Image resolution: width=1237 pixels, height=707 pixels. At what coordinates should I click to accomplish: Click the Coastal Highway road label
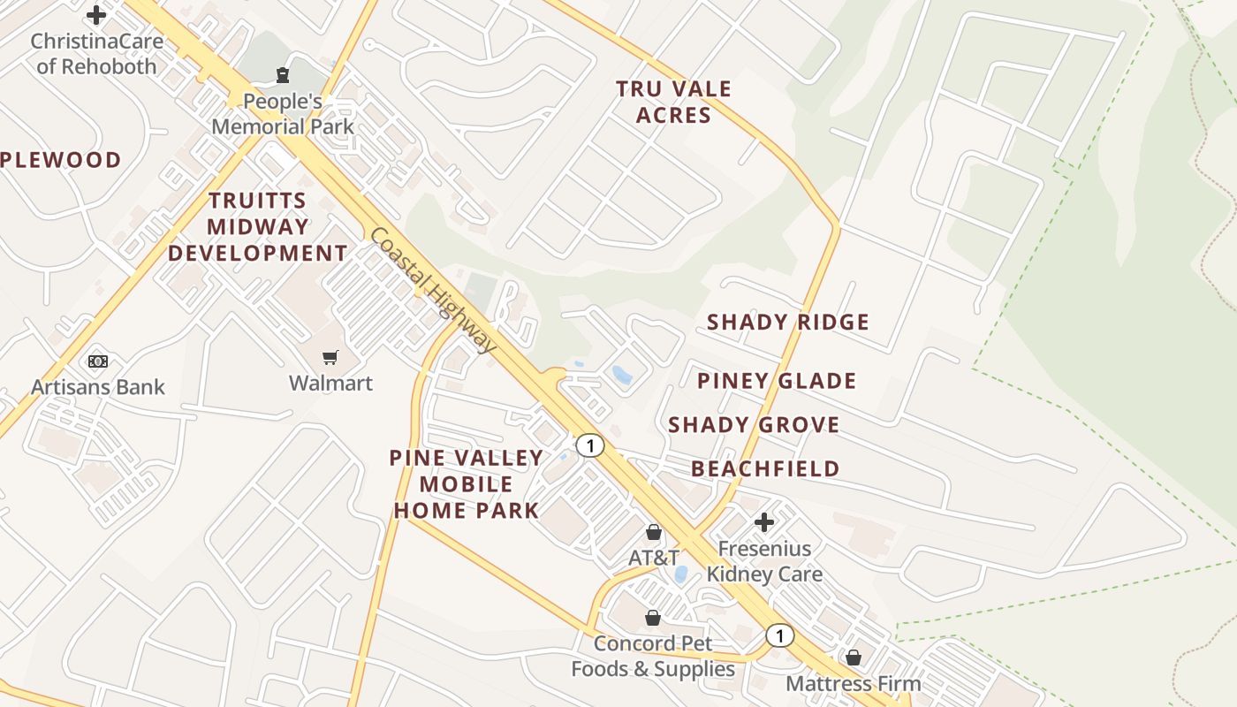tap(433, 291)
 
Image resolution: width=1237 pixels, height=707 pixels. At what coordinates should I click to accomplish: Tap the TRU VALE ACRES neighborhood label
tap(673, 102)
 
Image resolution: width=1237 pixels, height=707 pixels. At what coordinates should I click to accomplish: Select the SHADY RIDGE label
tap(788, 322)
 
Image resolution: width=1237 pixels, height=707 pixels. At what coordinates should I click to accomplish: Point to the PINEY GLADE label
tap(777, 381)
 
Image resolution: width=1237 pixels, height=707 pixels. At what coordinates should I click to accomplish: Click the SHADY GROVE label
tap(754, 425)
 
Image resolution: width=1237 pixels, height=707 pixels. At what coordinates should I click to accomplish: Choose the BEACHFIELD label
tap(765, 468)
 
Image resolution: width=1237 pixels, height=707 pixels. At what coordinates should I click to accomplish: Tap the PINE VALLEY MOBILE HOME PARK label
tap(467, 484)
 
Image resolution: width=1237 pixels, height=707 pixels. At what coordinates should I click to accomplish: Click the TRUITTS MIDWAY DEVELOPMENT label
tap(258, 226)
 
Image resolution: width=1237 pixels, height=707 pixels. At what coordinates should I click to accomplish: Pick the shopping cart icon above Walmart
tap(330, 357)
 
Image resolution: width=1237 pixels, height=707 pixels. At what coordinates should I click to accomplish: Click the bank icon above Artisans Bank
tap(98, 361)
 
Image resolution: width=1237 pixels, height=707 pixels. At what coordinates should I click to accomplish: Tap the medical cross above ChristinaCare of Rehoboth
tap(96, 15)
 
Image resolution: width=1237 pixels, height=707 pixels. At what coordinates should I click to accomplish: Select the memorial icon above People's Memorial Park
tap(282, 75)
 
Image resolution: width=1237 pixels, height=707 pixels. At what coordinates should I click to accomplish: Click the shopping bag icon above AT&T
tap(654, 532)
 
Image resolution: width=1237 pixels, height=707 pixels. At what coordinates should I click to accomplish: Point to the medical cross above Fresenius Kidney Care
tap(764, 521)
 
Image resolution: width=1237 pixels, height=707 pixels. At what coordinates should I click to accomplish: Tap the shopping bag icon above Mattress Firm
tap(854, 658)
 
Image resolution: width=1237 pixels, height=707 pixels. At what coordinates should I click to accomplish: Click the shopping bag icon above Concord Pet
tap(653, 617)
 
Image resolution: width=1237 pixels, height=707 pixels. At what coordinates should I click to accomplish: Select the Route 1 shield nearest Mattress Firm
tap(779, 635)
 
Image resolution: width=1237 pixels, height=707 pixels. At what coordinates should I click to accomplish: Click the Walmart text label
tap(330, 384)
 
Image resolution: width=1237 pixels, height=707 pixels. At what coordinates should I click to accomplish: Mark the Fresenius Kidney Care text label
tap(764, 562)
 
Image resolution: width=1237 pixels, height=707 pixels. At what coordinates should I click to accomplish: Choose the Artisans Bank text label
tap(98, 387)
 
